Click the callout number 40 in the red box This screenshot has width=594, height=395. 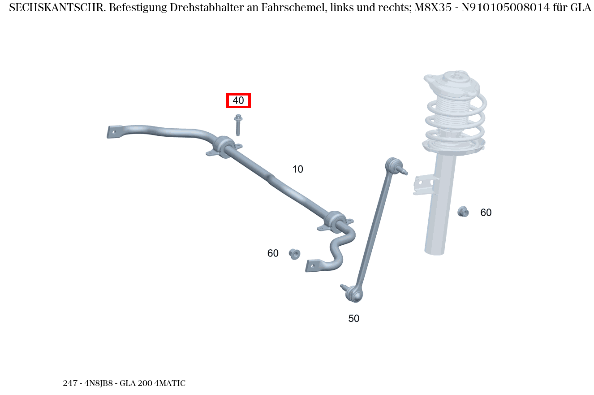point(238,101)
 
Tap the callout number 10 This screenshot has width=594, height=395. point(298,169)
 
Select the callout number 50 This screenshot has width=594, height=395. point(354,319)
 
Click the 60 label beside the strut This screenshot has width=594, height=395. point(486,213)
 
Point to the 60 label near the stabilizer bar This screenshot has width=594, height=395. point(273,254)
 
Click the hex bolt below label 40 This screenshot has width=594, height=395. point(238,124)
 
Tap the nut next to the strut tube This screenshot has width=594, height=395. point(463,211)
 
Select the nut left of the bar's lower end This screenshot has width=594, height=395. point(294,254)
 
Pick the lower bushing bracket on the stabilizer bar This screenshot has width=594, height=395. point(336,221)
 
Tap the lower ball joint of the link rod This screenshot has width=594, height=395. point(354,293)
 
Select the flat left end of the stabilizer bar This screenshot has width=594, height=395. point(114,132)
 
